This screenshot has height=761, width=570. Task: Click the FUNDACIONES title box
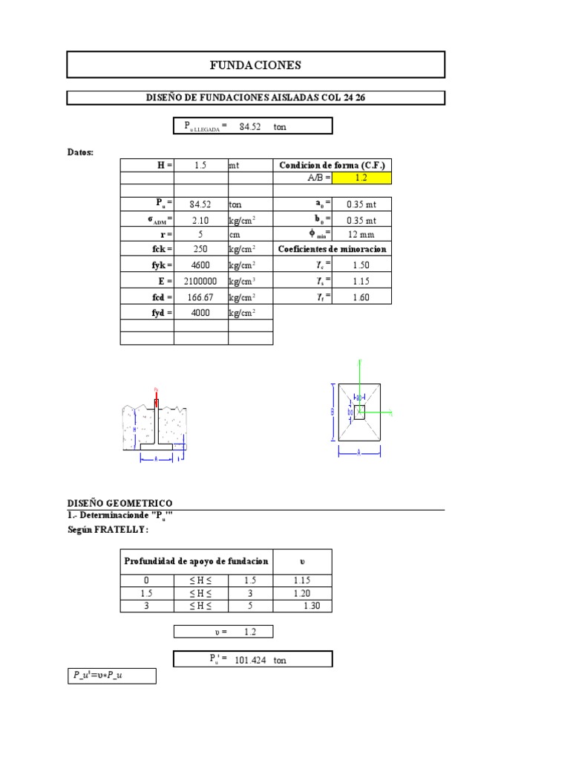tap(255, 65)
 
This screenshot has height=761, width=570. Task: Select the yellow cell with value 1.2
tap(361, 178)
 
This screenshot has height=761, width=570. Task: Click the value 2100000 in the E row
tap(200, 282)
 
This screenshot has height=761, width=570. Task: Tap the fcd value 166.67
tap(200, 297)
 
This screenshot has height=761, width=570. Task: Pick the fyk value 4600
tap(200, 265)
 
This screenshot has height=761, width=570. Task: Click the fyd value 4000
tap(200, 313)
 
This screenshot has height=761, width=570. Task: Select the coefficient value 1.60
tap(361, 297)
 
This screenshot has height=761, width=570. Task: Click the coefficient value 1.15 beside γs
tap(361, 282)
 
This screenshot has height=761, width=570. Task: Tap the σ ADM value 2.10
tap(200, 220)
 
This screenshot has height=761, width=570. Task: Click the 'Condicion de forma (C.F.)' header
tap(332, 165)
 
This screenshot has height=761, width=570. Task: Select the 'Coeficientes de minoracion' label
tap(332, 250)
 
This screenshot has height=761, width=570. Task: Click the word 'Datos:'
tap(81, 152)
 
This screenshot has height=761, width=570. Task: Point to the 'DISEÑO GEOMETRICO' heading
tap(120, 503)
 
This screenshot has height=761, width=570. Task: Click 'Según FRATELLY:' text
tap(108, 530)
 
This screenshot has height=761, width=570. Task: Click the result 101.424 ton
tap(252, 659)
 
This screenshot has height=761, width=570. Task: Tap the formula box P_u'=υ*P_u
tap(111, 676)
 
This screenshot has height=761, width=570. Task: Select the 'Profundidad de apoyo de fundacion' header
tap(197, 561)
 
